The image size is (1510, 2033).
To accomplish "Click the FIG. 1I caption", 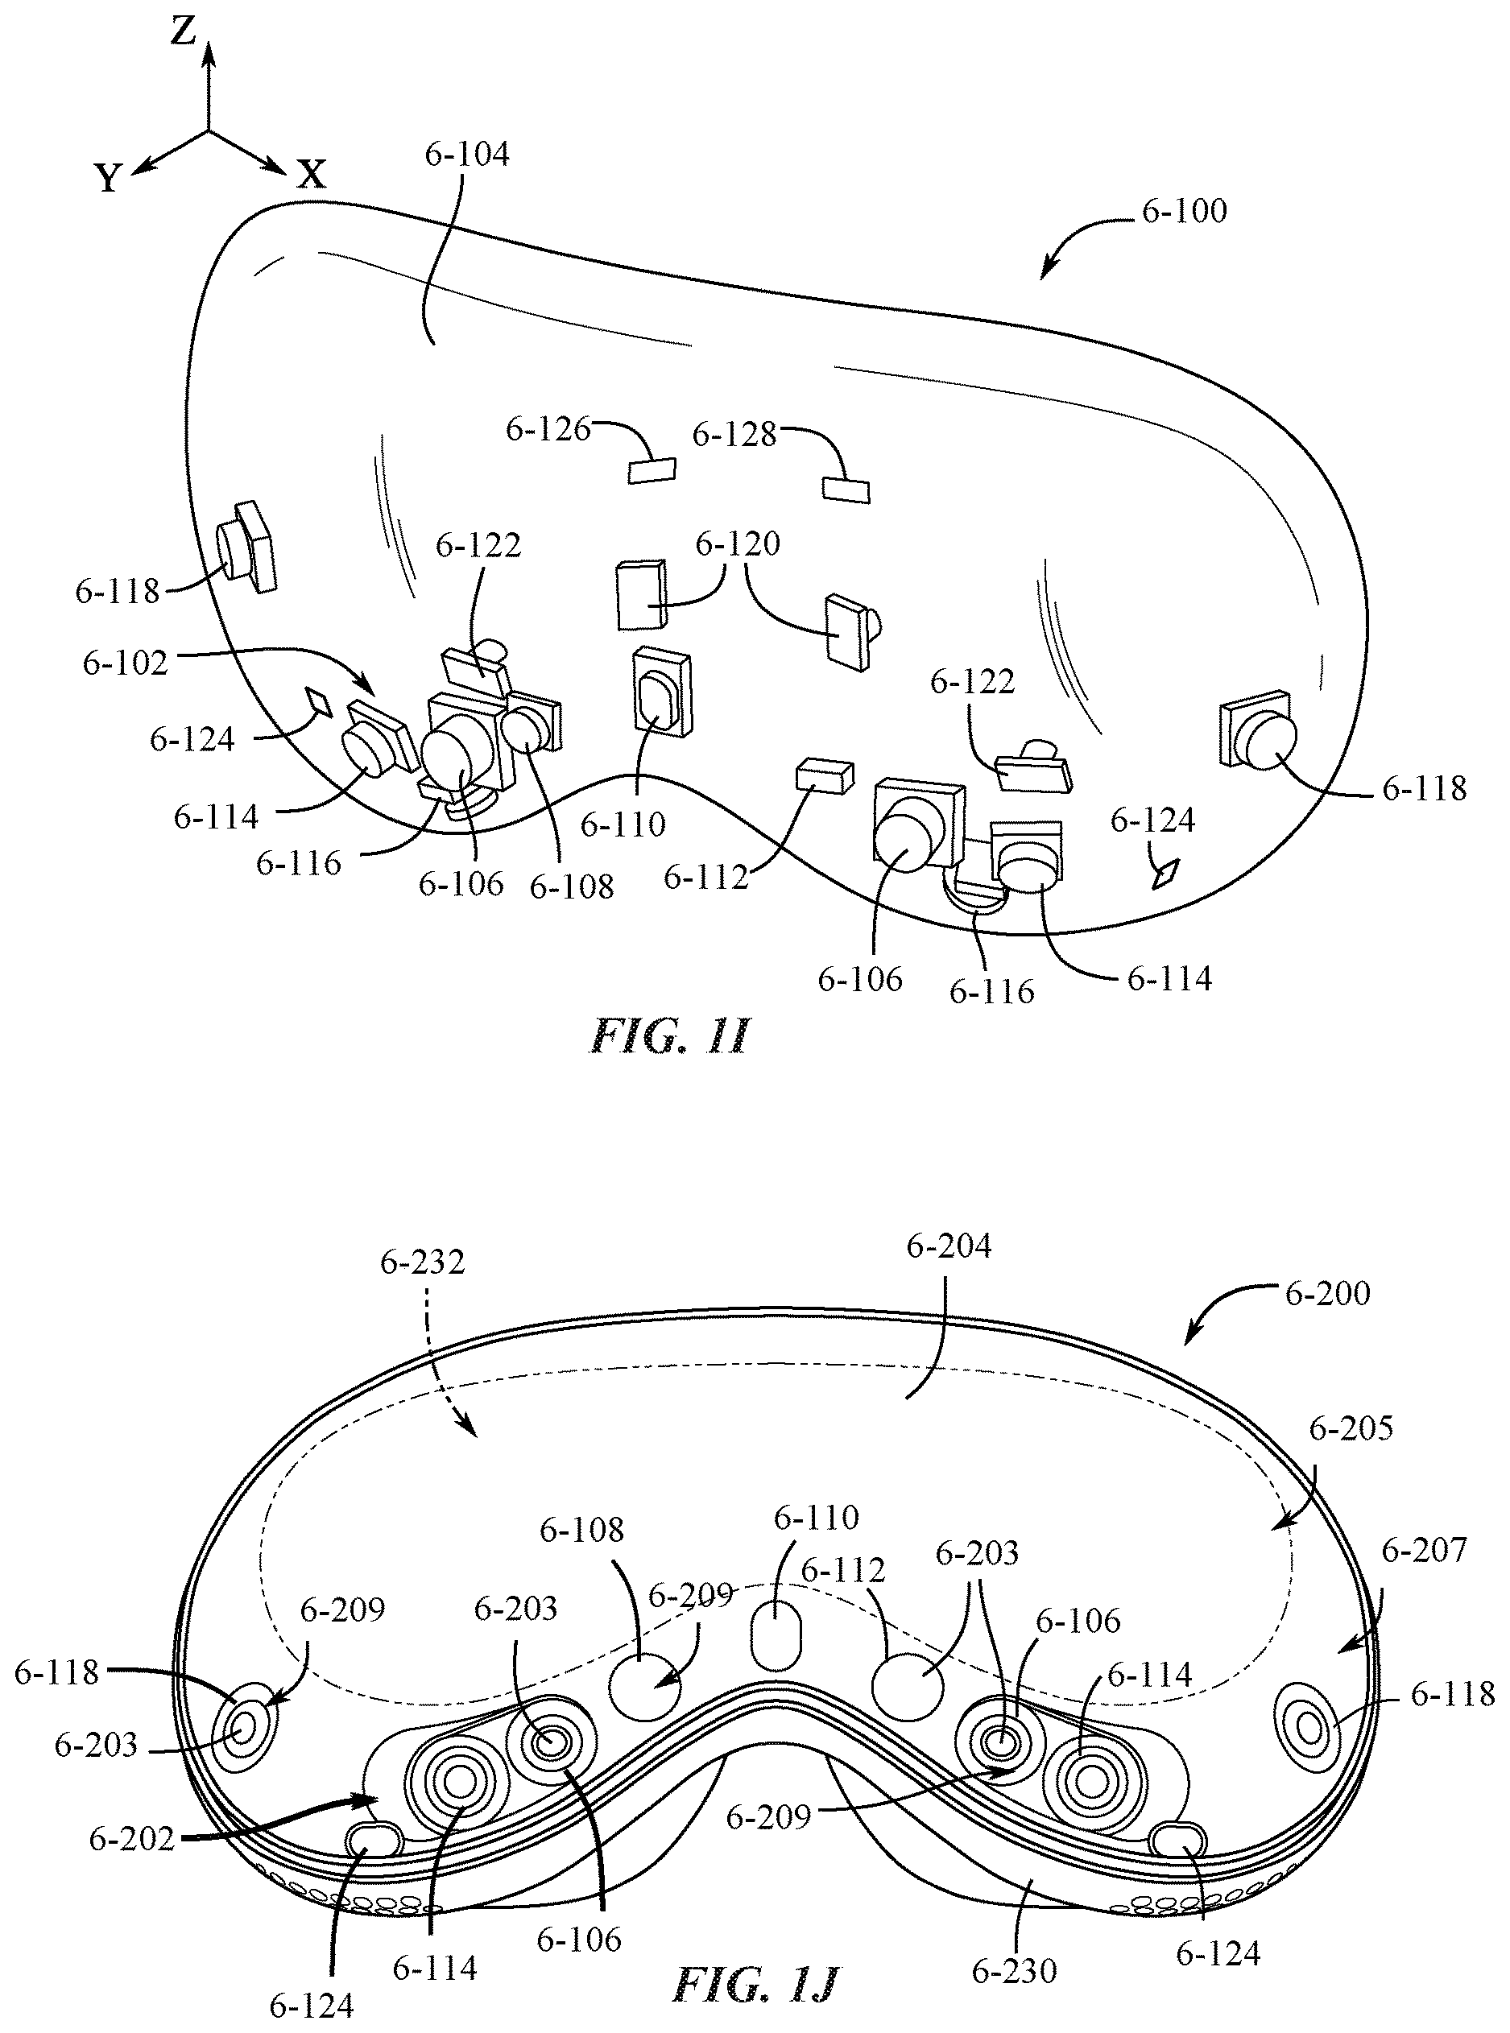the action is coord(670,1036).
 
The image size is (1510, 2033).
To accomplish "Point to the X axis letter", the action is coord(312,174).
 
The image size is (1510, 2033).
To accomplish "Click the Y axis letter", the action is coord(109,178).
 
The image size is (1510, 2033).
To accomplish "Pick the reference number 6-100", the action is coord(1184,211).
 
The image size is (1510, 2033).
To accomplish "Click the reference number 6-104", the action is coord(467,154).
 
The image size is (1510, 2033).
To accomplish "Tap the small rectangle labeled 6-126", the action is coord(652,469).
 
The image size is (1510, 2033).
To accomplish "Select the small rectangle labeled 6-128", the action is coord(846,490).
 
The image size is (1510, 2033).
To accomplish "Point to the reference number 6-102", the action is coord(125,663).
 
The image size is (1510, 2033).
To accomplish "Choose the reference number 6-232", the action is coord(422,1262).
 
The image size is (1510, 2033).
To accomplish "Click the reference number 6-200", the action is coord(1327,1293).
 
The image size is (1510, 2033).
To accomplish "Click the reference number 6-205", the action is coord(1351,1428).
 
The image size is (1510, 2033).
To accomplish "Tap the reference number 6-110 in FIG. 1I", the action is coord(623,824).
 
